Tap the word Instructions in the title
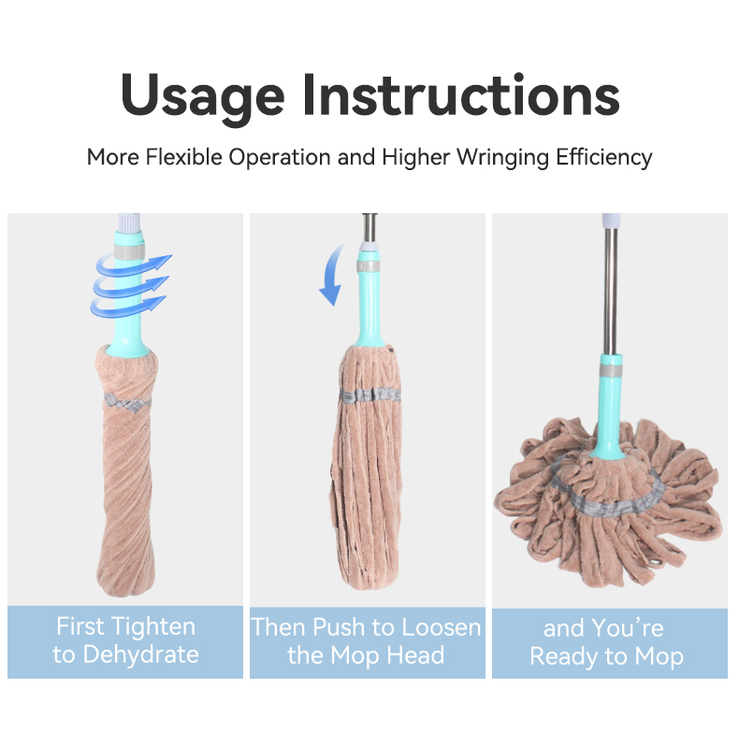pos(461,94)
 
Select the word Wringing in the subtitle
pos(503,158)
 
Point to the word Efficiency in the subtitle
pos(603,158)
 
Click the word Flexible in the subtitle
pos(183,157)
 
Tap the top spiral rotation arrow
pos(134,265)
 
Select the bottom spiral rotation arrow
pos(128,306)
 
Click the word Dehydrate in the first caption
pos(141,654)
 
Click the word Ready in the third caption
pos(564,656)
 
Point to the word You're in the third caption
pos(628,628)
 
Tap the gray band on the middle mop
pos(370,394)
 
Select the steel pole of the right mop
pos(610,291)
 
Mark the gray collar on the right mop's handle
pos(611,370)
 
